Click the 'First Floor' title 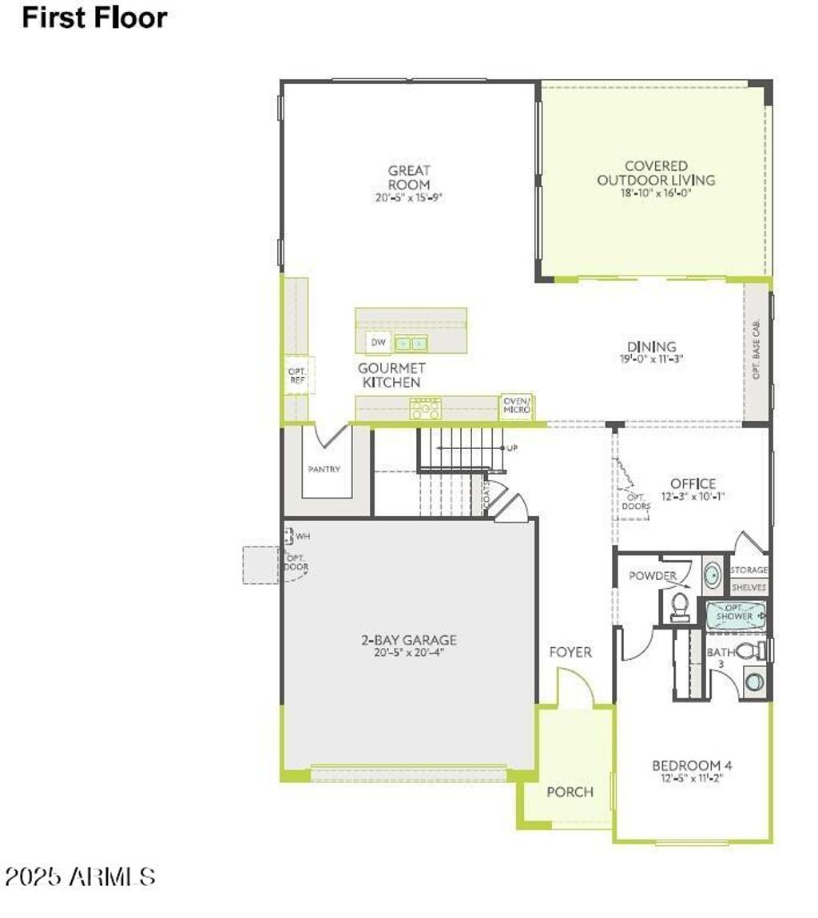[x=94, y=18]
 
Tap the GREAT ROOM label [x=409, y=177]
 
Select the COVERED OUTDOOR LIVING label [x=656, y=173]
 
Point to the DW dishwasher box [x=378, y=343]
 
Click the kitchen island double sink [x=411, y=344]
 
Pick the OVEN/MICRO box [x=517, y=405]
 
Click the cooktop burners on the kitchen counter [x=425, y=410]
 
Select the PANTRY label [x=324, y=469]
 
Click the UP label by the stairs [x=512, y=448]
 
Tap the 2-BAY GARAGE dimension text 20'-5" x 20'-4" [x=408, y=653]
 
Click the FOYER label [x=570, y=652]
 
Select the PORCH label [x=570, y=792]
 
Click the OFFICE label [x=693, y=483]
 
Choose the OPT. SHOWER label [x=733, y=613]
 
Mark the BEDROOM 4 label [x=692, y=765]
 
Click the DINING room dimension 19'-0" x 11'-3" [x=651, y=359]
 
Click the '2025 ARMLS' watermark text [x=80, y=876]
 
